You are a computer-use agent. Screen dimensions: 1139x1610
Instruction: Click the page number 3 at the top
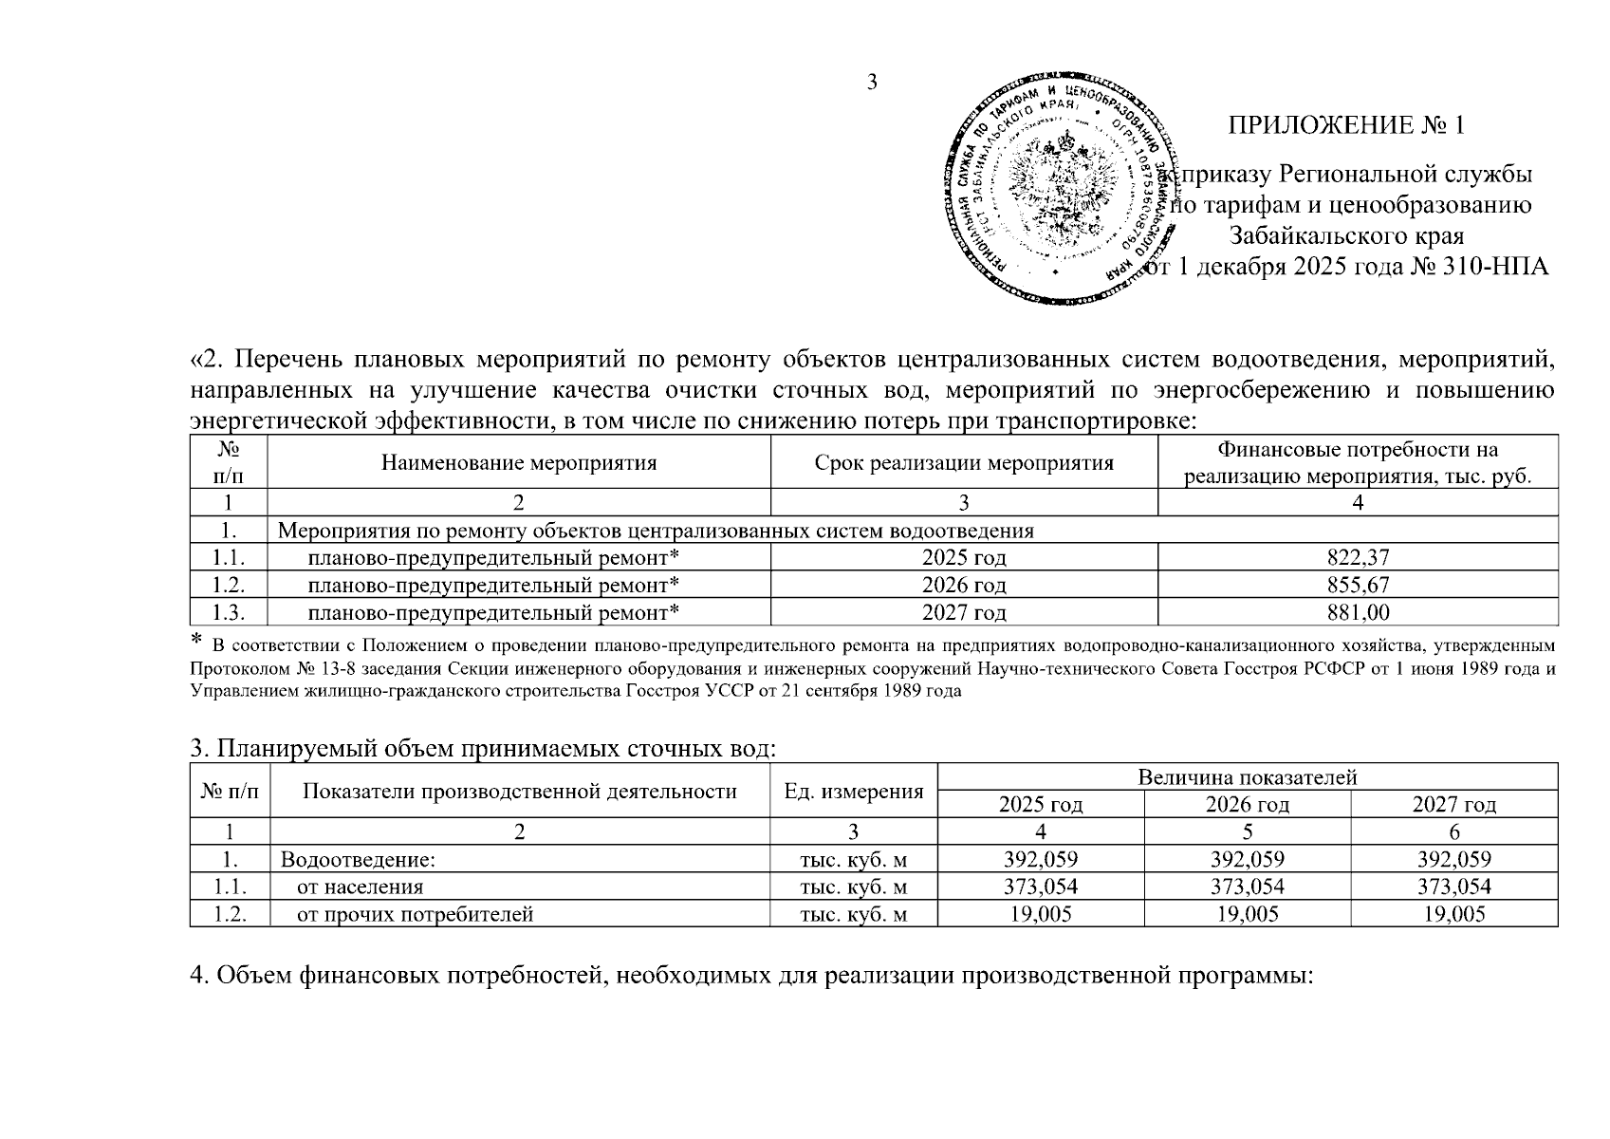tap(872, 82)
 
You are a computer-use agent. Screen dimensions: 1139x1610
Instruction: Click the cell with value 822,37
tap(1358, 557)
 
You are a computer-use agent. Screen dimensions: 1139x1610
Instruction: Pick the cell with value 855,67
tap(1358, 585)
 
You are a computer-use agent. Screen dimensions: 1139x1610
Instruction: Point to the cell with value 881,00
tap(1358, 612)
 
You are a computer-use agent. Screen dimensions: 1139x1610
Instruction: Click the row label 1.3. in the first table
tap(229, 612)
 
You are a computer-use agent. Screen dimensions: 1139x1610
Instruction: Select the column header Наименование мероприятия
tap(519, 463)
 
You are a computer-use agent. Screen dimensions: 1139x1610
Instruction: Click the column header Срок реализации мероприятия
tap(964, 463)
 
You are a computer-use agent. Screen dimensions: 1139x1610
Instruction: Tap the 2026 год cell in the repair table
tap(964, 585)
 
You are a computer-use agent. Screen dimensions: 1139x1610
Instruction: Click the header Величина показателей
tap(1248, 777)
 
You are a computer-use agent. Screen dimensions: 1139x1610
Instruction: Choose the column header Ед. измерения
tap(854, 792)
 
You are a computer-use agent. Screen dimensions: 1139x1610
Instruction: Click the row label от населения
tap(360, 887)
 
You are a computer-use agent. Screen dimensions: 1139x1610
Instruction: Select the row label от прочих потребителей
tap(415, 915)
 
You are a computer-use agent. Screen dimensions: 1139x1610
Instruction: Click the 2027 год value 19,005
tap(1453, 915)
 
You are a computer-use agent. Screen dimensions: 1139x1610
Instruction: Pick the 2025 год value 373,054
tap(1041, 887)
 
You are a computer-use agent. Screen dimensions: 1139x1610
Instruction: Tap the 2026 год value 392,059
tap(1248, 860)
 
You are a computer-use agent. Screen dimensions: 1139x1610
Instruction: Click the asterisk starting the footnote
tap(197, 639)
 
